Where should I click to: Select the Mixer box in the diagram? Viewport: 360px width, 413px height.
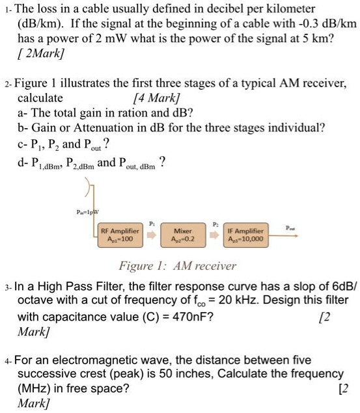click(x=179, y=234)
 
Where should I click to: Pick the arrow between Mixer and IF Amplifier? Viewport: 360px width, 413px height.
click(x=212, y=235)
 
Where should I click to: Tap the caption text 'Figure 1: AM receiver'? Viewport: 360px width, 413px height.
click(x=177, y=265)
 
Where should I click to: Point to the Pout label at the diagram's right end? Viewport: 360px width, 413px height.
click(x=290, y=227)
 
